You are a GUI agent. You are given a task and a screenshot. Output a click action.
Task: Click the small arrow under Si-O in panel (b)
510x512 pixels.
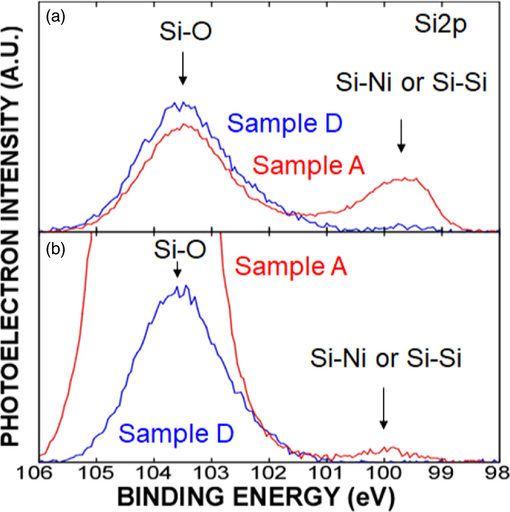177,270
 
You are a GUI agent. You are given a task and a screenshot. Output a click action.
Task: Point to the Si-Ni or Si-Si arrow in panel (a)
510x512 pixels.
401,135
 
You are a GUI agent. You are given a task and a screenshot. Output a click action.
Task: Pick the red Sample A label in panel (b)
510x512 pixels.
292,266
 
